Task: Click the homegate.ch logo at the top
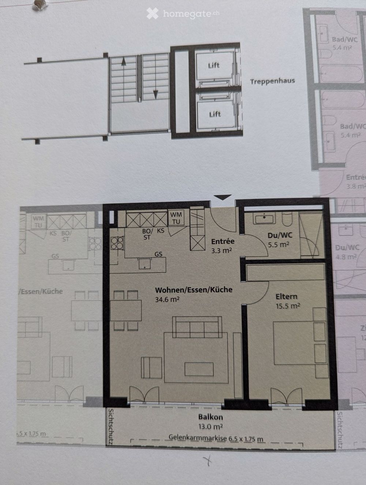[x=183, y=14]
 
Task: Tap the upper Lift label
[x=214, y=65]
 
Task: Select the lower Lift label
[x=215, y=114]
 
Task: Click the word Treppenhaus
[x=272, y=81]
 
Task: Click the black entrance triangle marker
[x=223, y=197]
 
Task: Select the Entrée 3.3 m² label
[x=223, y=245]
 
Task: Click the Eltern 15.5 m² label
[x=287, y=301]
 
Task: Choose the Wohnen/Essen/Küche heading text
[x=194, y=290]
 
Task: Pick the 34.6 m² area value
[x=167, y=299]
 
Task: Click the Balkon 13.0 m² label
[x=210, y=421]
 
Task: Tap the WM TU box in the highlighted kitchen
[x=176, y=218]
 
